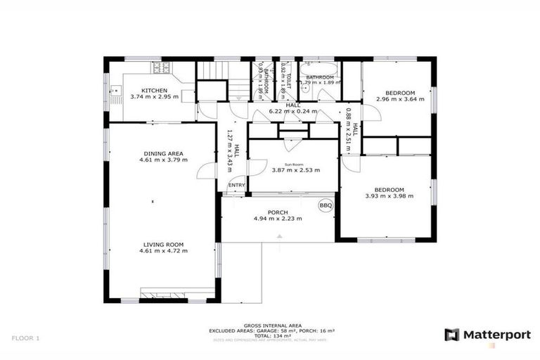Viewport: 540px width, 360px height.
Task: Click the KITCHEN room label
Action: tap(154, 91)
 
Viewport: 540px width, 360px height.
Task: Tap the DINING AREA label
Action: tap(163, 153)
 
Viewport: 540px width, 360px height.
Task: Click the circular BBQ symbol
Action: tap(326, 205)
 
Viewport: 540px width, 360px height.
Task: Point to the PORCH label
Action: tap(278, 212)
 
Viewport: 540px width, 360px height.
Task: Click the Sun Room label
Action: tap(295, 163)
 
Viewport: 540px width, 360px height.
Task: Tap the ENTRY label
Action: tap(237, 186)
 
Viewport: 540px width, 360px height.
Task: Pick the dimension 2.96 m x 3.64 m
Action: tap(401, 99)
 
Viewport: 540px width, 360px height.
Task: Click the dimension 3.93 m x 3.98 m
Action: tap(389, 196)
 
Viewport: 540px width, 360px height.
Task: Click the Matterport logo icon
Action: tap(451, 335)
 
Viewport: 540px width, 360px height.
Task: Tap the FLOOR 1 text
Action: tap(25, 338)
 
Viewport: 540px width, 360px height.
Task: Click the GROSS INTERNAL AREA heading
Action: tap(273, 325)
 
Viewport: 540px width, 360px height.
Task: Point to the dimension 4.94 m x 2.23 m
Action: tap(278, 219)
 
